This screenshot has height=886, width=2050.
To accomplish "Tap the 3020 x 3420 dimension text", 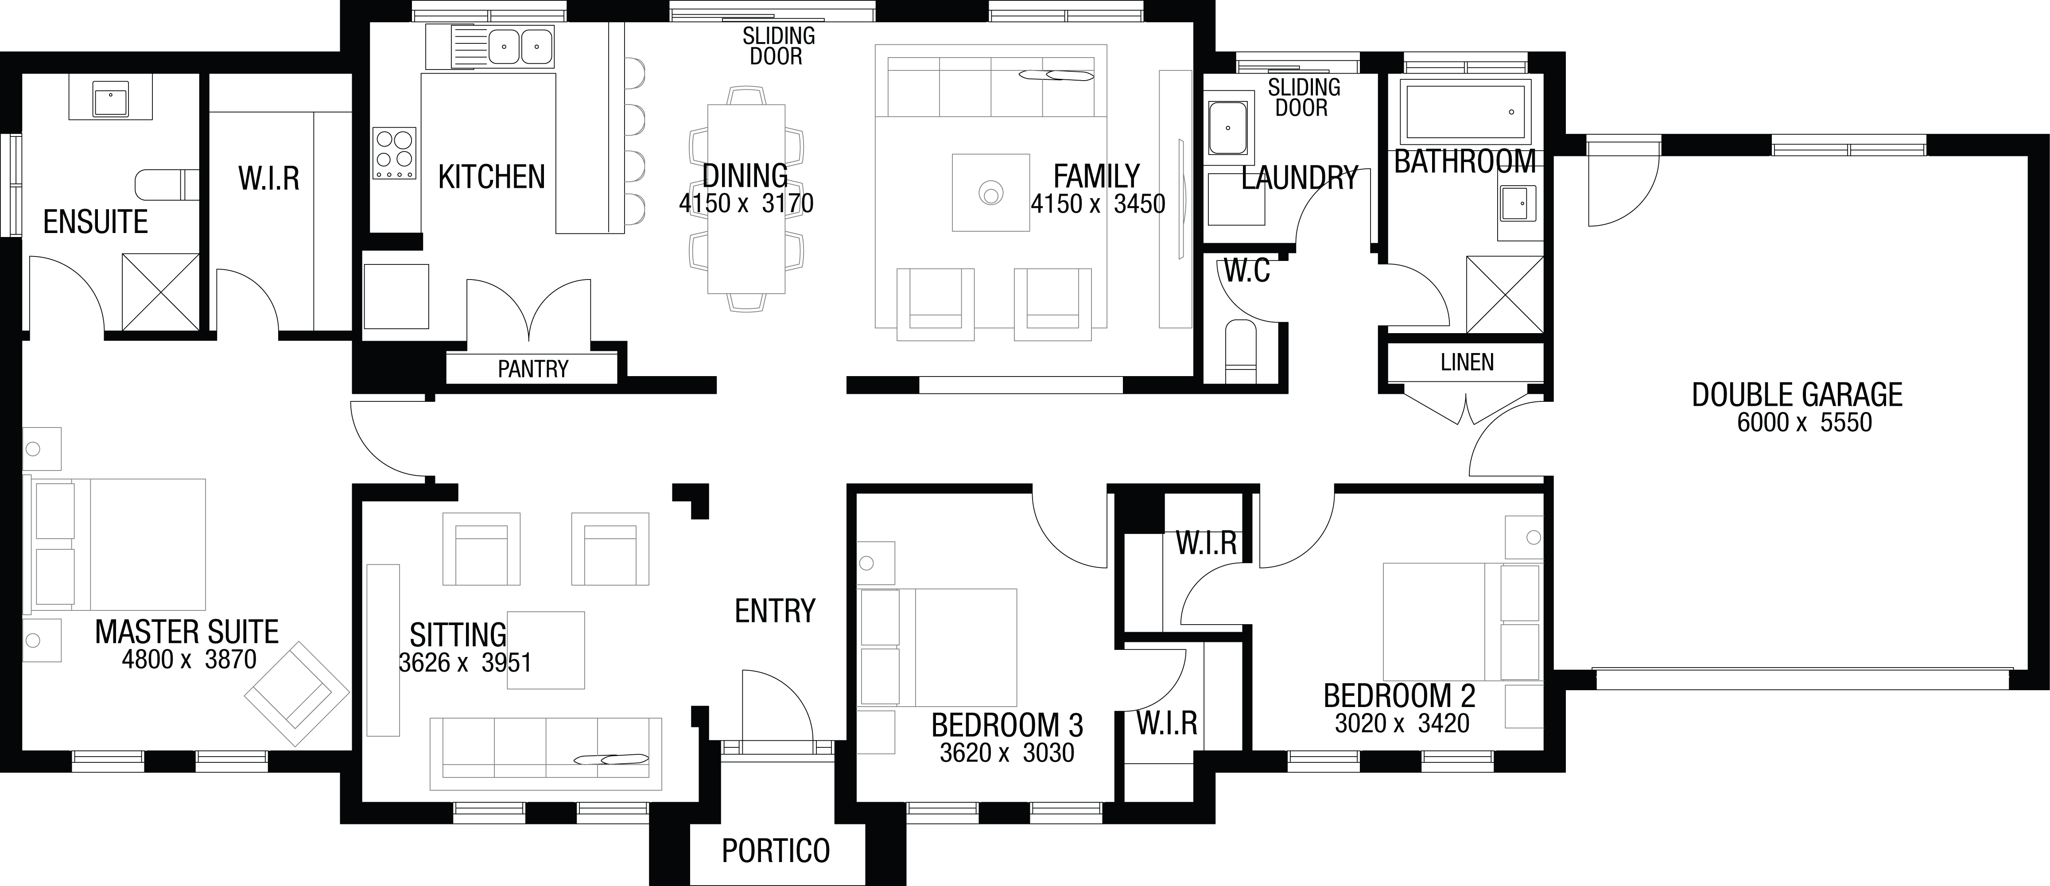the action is pyautogui.click(x=1402, y=723).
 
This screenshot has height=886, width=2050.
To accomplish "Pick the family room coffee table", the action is pyautogui.click(x=991, y=192).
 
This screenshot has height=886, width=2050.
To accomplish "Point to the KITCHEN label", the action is pyautogui.click(x=492, y=177).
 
